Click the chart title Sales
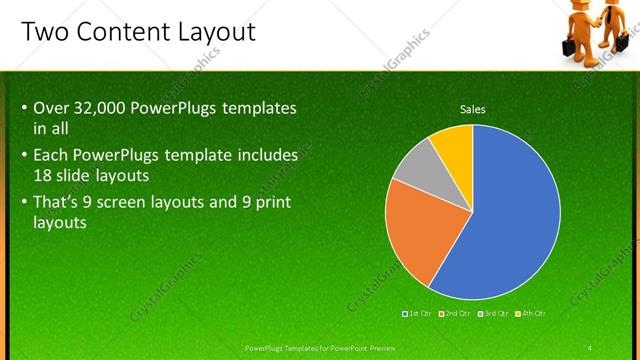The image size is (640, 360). pos(472,109)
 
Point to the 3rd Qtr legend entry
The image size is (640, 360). pos(495,313)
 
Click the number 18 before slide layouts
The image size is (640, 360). pos(44,174)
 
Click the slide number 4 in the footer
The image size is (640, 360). pos(590,347)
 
